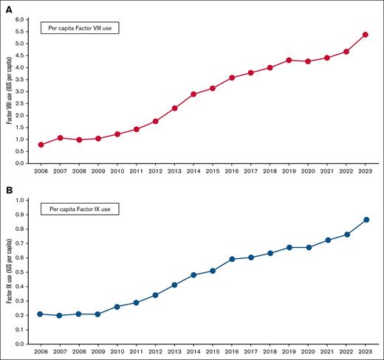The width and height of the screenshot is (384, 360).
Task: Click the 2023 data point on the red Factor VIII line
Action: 366,35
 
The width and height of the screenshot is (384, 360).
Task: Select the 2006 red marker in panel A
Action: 41,145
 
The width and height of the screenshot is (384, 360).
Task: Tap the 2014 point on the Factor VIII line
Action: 193,94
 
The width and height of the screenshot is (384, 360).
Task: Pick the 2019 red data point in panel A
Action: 289,60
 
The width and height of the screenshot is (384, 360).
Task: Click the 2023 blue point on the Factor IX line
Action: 366,220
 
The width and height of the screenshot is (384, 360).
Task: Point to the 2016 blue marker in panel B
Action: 232,259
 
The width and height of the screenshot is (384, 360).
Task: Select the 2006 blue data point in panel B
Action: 41,314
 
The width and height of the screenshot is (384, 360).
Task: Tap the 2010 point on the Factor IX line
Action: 117,307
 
